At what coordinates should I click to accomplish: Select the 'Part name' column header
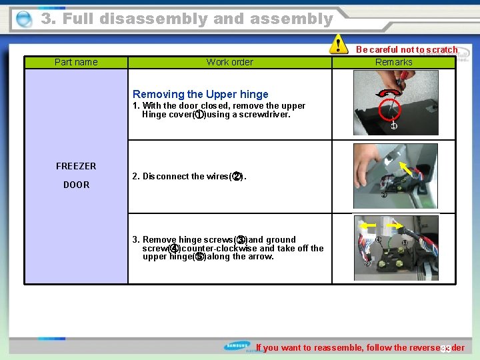76,62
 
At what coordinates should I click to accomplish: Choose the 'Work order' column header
229,62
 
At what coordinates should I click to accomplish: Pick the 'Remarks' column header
393,62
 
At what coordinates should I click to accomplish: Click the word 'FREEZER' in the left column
76,166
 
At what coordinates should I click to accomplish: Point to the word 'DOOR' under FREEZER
76,185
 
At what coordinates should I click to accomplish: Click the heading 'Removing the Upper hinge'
200,94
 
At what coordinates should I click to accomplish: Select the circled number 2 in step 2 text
236,177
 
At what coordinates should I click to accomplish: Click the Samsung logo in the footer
239,347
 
